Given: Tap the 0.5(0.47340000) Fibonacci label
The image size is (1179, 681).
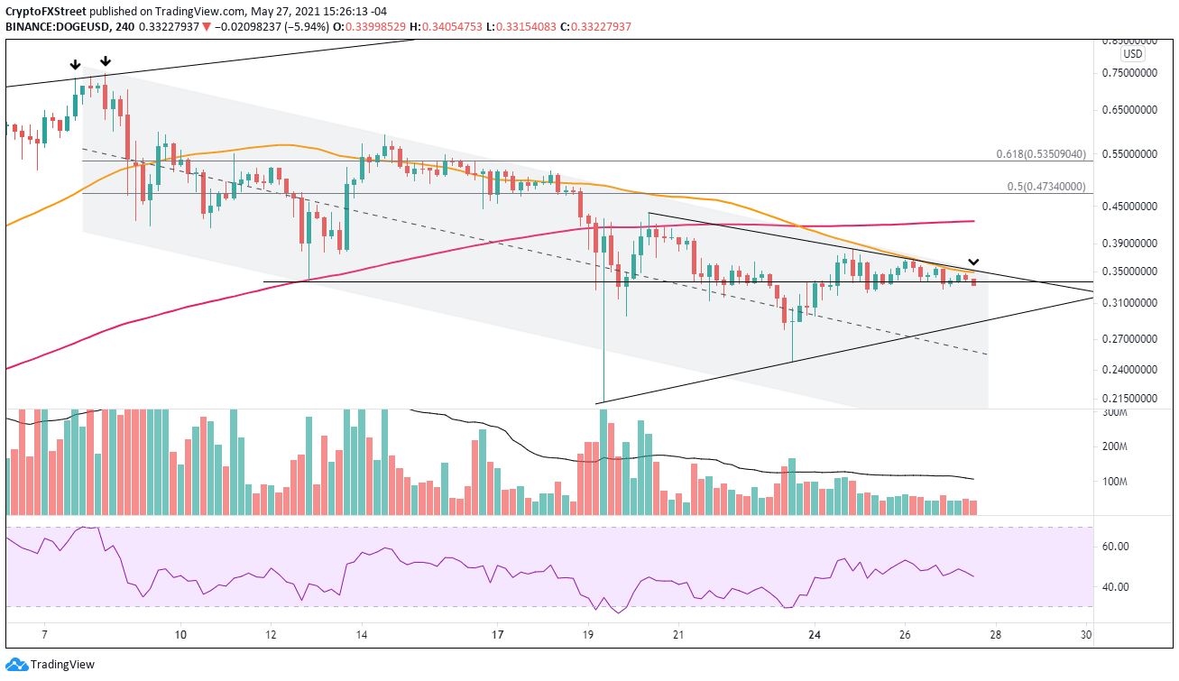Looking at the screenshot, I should pyautogui.click(x=1050, y=187).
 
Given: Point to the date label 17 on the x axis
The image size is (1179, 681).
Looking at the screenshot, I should pyautogui.click(x=498, y=634).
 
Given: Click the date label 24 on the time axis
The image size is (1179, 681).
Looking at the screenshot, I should pyautogui.click(x=815, y=634).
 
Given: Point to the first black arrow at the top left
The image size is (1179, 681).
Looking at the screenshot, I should pyautogui.click(x=75, y=65).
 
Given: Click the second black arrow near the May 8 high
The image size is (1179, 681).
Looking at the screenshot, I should pyautogui.click(x=106, y=61).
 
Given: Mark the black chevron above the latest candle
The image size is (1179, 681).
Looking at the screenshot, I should pyautogui.click(x=973, y=262).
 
